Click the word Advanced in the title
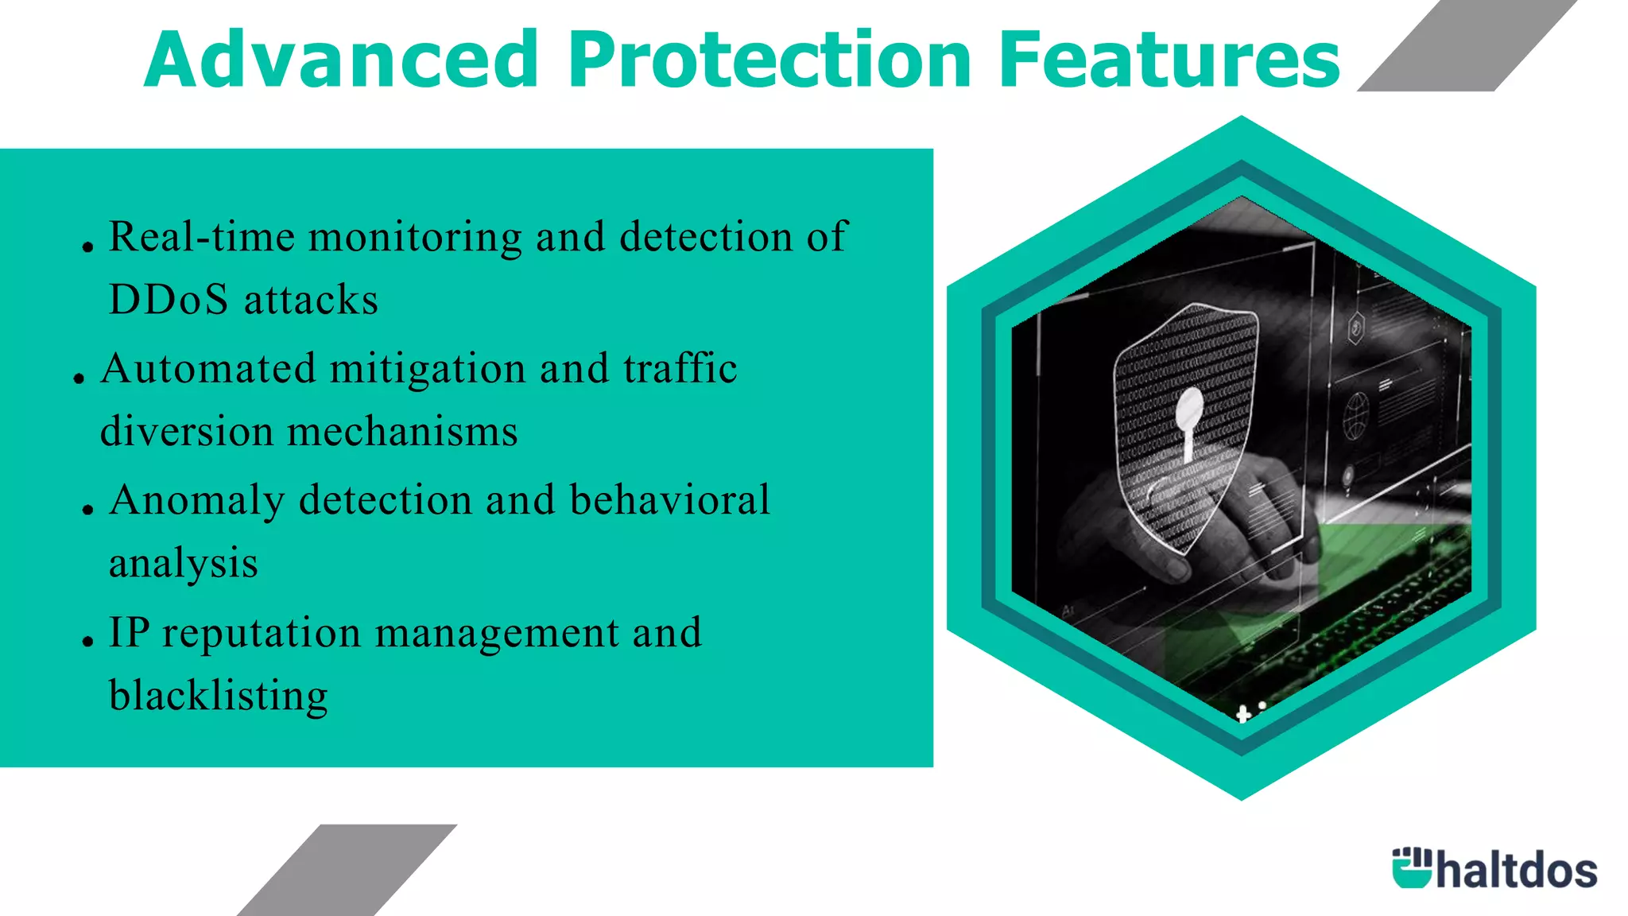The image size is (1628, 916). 342,60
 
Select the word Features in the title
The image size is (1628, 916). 1169,60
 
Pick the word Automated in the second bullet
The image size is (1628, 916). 208,369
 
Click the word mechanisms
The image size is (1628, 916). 402,432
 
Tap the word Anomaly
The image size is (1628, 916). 197,501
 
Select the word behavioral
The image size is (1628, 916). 669,499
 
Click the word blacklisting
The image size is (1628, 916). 219,696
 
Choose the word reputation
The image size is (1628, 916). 262,634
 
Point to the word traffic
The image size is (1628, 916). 680,368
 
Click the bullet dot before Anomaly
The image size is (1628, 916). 88,508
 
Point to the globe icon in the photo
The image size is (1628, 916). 1355,416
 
